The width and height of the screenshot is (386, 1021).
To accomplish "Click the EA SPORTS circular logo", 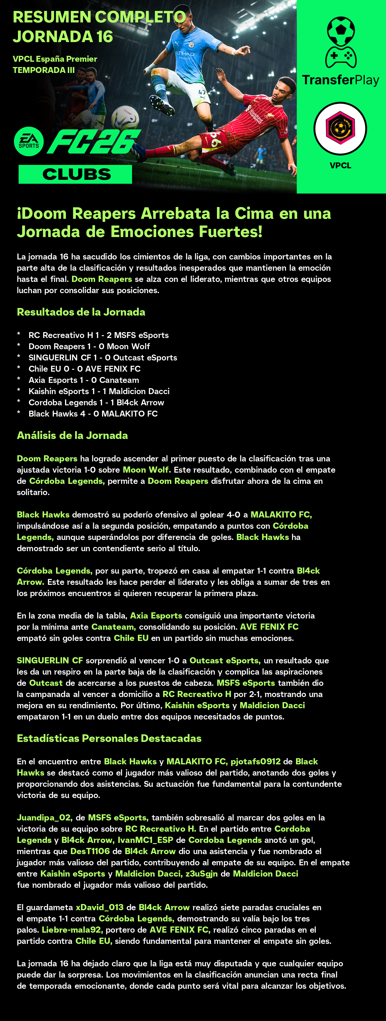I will (x=29, y=141).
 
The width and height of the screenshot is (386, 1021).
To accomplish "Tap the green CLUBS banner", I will (x=75, y=174).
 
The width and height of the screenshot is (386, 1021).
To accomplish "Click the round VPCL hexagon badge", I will (x=340, y=128).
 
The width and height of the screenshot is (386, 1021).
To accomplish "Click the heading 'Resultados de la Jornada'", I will (x=81, y=312).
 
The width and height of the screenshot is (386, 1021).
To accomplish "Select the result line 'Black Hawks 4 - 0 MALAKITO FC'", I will (x=93, y=414).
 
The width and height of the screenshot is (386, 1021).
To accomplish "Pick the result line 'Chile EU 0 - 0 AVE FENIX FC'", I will (x=84, y=369).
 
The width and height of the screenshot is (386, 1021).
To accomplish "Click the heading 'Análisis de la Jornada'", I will (x=72, y=436).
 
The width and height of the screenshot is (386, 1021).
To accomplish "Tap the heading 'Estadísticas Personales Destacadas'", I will (x=109, y=738).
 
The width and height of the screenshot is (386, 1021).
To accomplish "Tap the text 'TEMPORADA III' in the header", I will (x=44, y=70).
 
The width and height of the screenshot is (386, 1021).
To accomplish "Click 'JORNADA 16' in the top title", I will (x=63, y=37).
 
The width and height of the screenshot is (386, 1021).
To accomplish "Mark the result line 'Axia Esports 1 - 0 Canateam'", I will (x=84, y=380).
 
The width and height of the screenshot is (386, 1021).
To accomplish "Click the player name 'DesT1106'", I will (x=90, y=851).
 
